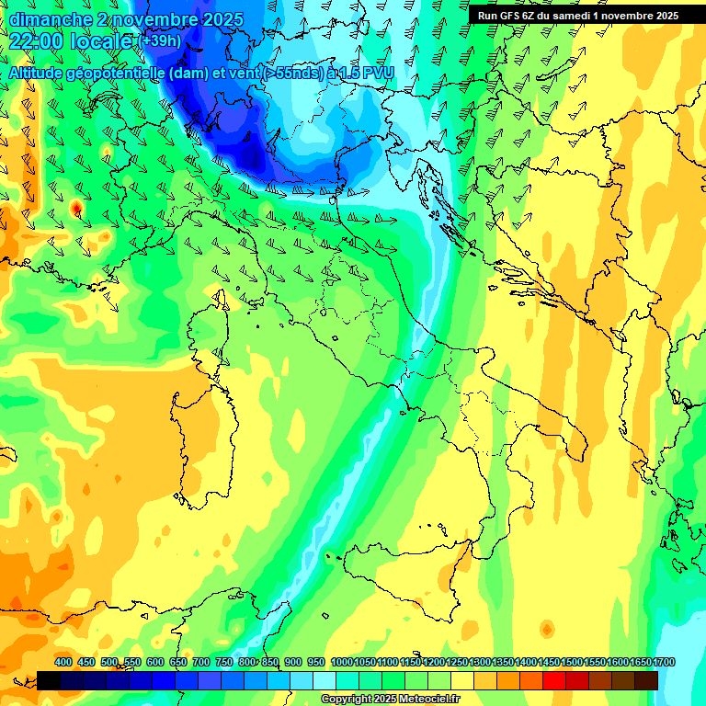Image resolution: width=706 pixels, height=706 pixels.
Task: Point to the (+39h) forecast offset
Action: [x=160, y=41]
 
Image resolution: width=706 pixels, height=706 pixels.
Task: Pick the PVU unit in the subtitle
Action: [x=378, y=73]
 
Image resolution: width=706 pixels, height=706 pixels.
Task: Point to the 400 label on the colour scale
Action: [x=63, y=663]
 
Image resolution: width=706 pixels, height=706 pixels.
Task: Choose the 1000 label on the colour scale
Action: [x=342, y=663]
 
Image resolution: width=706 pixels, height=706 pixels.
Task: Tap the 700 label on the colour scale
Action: [x=201, y=663]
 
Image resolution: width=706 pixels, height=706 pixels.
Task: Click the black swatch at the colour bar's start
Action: [x=49, y=680]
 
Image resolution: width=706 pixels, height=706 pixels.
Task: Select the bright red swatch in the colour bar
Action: [x=554, y=680]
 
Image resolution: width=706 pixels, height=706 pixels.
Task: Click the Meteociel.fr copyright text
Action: [x=390, y=700]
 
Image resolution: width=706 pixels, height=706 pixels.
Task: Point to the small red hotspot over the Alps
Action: [x=76, y=209]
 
